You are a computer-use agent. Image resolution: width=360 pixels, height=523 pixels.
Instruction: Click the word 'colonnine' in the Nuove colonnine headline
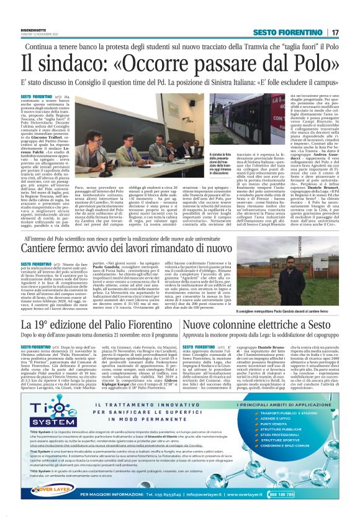pos(246,325)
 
